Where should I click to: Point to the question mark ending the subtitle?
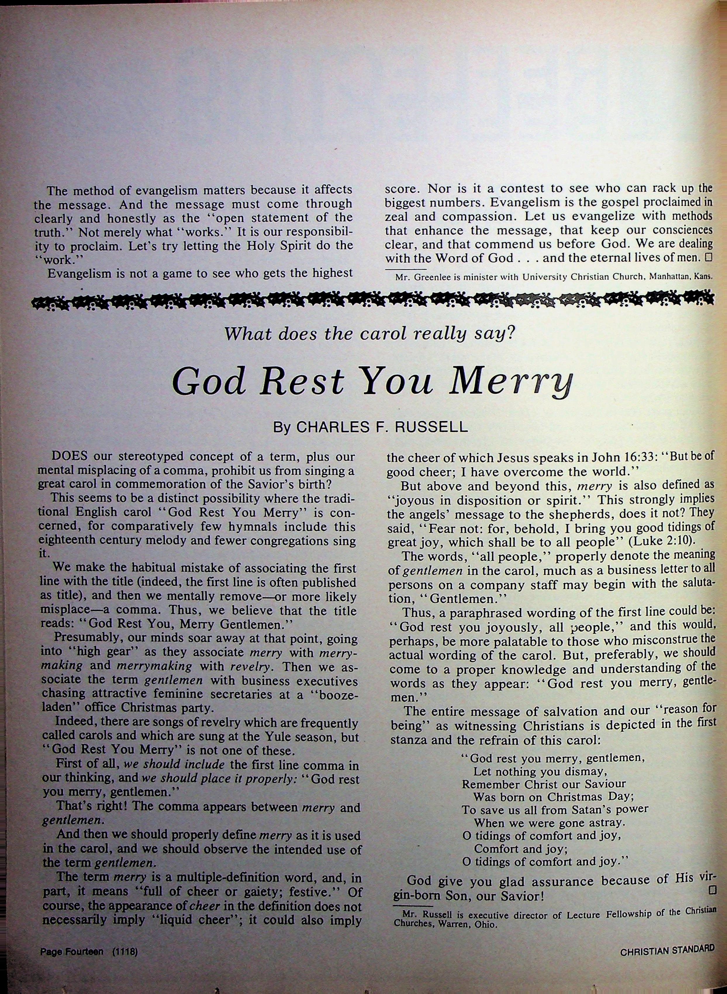tap(511, 334)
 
